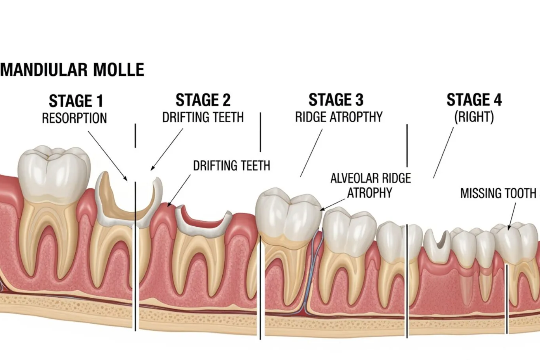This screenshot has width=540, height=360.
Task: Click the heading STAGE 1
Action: pos(76,101)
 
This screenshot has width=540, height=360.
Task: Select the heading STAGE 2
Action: pos(203,100)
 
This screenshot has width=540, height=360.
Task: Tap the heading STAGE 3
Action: pos(336,100)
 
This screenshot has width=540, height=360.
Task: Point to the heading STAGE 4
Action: pos(474,100)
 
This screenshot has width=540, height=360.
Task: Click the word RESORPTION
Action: pos(74,118)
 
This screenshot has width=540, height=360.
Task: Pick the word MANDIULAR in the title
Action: pos(44,70)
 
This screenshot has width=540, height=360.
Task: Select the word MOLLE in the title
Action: pos(119,70)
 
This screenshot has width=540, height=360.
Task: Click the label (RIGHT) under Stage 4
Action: pos(474,117)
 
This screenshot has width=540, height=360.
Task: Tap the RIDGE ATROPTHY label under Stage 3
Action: pos(339,117)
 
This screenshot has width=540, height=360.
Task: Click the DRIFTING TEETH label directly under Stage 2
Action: pos(203,118)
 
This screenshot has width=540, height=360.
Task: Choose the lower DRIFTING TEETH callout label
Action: pos(231,166)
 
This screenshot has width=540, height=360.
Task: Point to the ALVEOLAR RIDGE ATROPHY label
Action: pos(371,185)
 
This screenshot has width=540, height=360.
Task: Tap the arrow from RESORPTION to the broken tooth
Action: pos(108,156)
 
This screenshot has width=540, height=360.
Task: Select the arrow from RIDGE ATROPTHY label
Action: pos(311,153)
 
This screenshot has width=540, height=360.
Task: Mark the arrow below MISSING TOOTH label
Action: pos(512,216)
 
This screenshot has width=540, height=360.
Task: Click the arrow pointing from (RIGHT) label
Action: pos(443,153)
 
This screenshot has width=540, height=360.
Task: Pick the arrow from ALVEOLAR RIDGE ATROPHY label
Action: pos(332,205)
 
